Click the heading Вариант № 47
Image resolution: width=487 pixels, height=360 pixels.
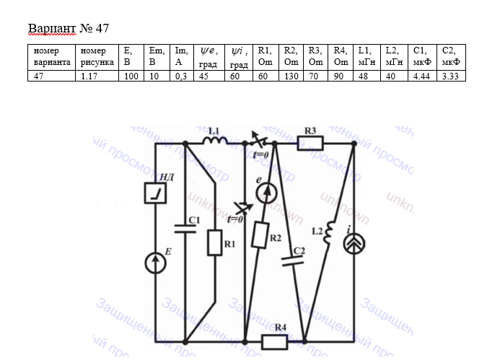click(68, 29)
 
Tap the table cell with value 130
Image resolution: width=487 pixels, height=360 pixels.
click(291, 76)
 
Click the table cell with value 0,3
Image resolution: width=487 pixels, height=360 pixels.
click(183, 76)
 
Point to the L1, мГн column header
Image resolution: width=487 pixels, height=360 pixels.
click(368, 57)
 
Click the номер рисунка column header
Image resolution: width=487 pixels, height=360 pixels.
click(99, 57)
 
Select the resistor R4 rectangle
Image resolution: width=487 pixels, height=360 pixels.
click(275, 339)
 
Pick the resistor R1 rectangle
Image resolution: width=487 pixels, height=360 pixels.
click(214, 243)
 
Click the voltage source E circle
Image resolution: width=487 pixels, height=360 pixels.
click(155, 263)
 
